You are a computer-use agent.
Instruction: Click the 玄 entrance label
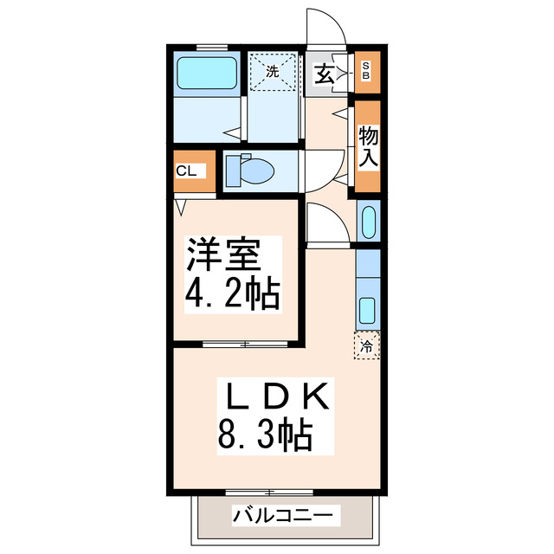click(324, 74)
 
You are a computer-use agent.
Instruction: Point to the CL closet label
click(186, 171)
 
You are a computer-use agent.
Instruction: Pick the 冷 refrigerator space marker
click(367, 346)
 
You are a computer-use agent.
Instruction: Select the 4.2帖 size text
click(231, 294)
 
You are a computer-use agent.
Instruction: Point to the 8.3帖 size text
click(264, 438)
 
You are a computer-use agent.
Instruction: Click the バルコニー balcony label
click(282, 517)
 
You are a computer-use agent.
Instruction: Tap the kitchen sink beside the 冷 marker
click(367, 310)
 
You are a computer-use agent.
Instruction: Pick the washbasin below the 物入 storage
click(367, 222)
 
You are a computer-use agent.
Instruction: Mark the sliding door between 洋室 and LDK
click(245, 344)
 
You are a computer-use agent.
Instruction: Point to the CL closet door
click(182, 206)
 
